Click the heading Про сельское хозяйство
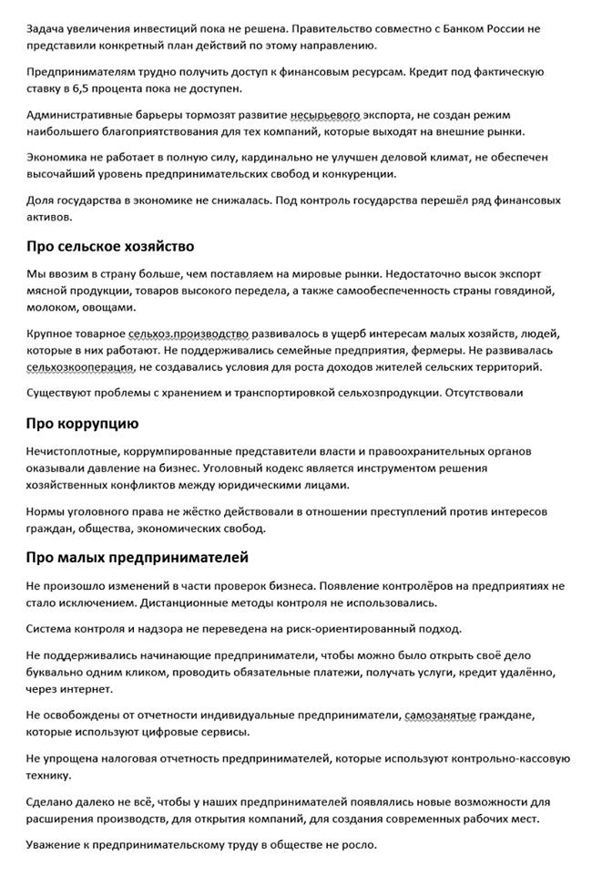(110, 246)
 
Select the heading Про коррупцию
(82, 424)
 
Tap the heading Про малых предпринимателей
(137, 557)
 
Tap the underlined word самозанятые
(440, 715)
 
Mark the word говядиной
(526, 290)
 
